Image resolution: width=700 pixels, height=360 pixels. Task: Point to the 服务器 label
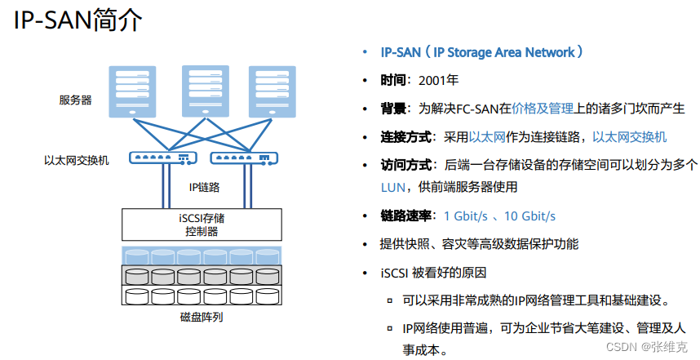(x=74, y=100)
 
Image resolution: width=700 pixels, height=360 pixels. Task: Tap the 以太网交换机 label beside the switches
(x=76, y=159)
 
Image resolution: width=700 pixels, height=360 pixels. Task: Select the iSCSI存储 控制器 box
(x=202, y=224)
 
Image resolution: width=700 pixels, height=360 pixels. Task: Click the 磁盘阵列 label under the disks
(x=201, y=317)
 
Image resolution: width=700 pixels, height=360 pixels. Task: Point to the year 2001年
(x=438, y=80)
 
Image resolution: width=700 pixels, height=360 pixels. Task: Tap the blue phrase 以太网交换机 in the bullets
(x=629, y=136)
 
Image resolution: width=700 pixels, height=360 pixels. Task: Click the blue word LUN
(x=392, y=187)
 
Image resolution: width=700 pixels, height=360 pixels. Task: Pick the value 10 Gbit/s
(x=529, y=216)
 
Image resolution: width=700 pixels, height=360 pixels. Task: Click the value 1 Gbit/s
(x=466, y=216)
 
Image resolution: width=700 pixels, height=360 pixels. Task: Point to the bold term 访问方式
(x=403, y=164)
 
